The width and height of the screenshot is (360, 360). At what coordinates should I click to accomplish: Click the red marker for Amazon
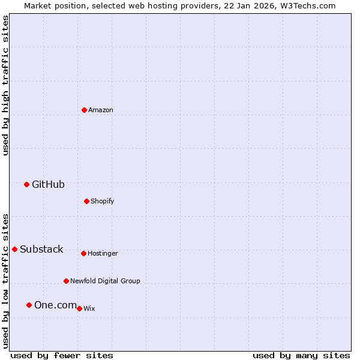[x=84, y=110]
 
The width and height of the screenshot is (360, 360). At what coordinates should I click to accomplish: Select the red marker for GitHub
[x=26, y=184]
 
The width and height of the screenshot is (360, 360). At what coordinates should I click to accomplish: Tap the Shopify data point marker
[x=86, y=201]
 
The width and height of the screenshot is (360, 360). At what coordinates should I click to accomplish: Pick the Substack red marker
[x=14, y=249]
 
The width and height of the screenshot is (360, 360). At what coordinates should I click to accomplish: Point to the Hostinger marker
[x=83, y=253]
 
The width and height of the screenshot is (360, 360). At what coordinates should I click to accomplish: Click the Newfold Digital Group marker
[x=66, y=281]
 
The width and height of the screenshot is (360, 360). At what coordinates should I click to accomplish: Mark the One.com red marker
[x=29, y=305]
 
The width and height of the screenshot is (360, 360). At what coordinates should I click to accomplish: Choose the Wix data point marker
[x=79, y=308]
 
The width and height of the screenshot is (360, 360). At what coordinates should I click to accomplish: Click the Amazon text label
[x=101, y=110]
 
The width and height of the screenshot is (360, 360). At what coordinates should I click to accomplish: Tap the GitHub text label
[x=48, y=184]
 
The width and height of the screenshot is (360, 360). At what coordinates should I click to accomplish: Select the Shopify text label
[x=103, y=201]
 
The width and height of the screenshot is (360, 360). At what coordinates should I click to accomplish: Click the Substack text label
[x=41, y=249]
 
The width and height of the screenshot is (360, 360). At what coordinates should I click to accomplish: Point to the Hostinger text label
[x=103, y=253]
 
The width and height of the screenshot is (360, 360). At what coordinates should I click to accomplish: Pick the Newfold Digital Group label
[x=105, y=281]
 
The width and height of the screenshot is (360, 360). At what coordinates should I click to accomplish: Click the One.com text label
[x=55, y=305]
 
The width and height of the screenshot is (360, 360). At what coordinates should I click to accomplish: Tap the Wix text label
[x=89, y=308]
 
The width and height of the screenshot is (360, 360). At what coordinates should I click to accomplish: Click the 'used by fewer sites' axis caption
[x=62, y=355]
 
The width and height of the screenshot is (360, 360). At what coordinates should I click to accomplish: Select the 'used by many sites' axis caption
[x=301, y=355]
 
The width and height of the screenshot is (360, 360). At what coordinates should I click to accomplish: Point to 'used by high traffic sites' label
[x=5, y=85]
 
